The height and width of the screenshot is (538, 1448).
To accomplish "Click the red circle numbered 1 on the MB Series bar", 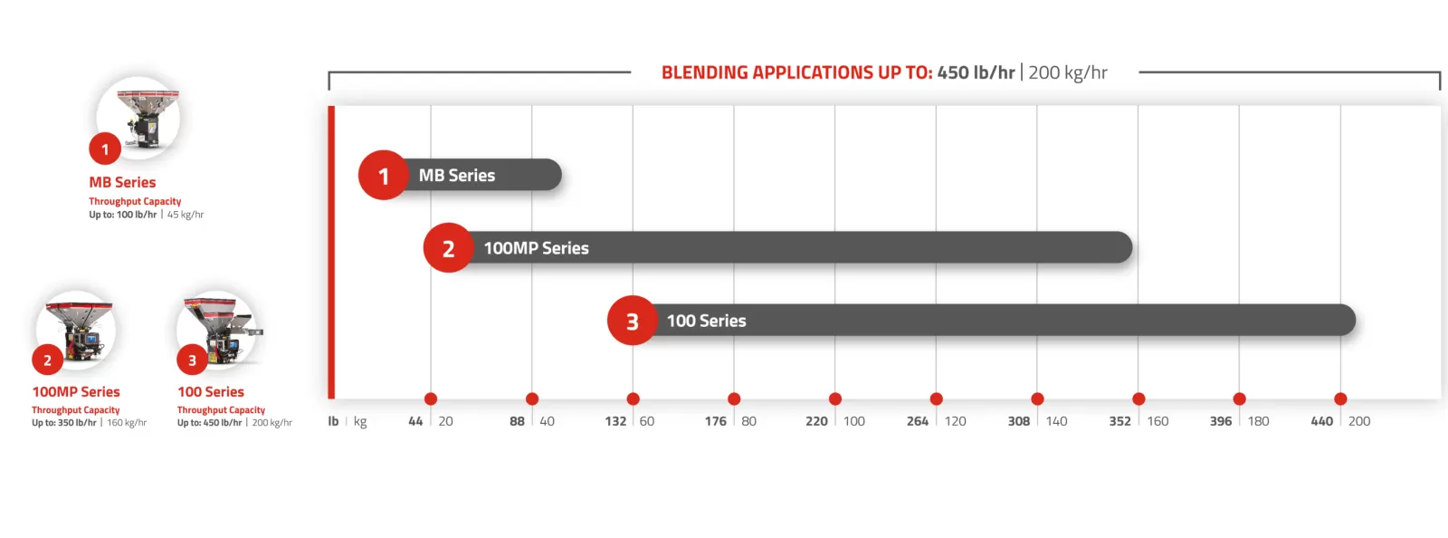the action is [384, 175].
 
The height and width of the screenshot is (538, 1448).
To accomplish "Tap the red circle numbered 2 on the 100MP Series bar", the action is [449, 247].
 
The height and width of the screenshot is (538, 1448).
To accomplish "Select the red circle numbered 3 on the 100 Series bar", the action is [633, 321].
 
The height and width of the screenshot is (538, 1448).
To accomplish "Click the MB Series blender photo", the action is [138, 117].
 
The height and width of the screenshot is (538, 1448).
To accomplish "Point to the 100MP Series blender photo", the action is [76, 330].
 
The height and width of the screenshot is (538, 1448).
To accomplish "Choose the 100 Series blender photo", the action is [218, 330].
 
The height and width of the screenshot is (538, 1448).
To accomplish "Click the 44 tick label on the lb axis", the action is [415, 421].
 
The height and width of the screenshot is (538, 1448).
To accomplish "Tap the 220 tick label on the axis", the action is [816, 421].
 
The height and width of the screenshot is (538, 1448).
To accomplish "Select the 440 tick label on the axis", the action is [1322, 421].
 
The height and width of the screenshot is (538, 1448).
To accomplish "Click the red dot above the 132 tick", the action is [633, 399].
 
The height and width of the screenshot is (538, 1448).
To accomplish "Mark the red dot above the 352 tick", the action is [1139, 399].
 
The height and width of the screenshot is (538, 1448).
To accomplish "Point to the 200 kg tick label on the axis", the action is [1359, 421].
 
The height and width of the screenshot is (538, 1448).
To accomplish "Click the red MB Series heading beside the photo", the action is [122, 182].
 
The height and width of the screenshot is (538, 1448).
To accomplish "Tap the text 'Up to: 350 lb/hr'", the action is [64, 423].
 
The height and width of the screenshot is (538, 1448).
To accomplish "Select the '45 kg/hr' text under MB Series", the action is [186, 215].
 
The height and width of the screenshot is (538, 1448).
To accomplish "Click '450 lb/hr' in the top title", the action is [976, 72].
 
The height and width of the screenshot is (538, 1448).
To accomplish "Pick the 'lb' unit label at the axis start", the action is [333, 421].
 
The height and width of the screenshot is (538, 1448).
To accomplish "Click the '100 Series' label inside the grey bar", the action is [707, 321].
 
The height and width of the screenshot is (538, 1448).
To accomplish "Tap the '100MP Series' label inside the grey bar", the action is [537, 248].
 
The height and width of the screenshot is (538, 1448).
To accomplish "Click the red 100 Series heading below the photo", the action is [211, 392].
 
